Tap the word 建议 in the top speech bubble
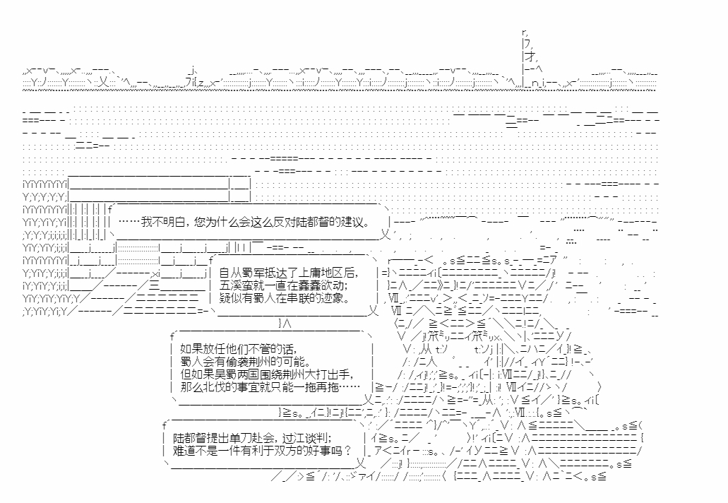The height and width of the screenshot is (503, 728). click(x=352, y=222)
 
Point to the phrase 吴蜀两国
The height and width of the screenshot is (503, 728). click(x=225, y=374)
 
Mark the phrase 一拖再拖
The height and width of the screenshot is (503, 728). click(x=314, y=386)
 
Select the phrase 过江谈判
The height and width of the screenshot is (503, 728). click(x=306, y=437)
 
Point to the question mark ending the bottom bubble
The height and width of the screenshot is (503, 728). click(x=347, y=450)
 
